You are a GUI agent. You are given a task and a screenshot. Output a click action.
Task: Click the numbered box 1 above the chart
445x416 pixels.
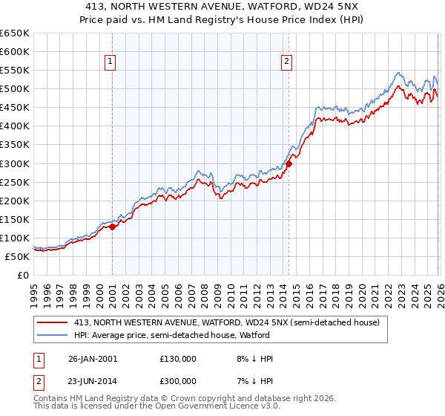pyautogui.click(x=110, y=62)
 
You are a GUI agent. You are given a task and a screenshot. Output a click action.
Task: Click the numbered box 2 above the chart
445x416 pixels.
pyautogui.click(x=286, y=62)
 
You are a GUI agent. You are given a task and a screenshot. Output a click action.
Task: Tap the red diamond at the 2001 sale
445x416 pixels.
pyautogui.click(x=113, y=227)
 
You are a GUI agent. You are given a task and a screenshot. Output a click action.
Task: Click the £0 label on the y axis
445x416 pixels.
pyautogui.click(x=23, y=275)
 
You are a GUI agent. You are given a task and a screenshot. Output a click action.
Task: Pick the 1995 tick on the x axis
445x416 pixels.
pyautogui.click(x=34, y=290)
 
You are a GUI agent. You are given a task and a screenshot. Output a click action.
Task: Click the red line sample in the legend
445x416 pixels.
pyautogui.click(x=53, y=322)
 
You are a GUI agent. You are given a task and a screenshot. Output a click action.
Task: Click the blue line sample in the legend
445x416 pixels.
pyautogui.click(x=53, y=335)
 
